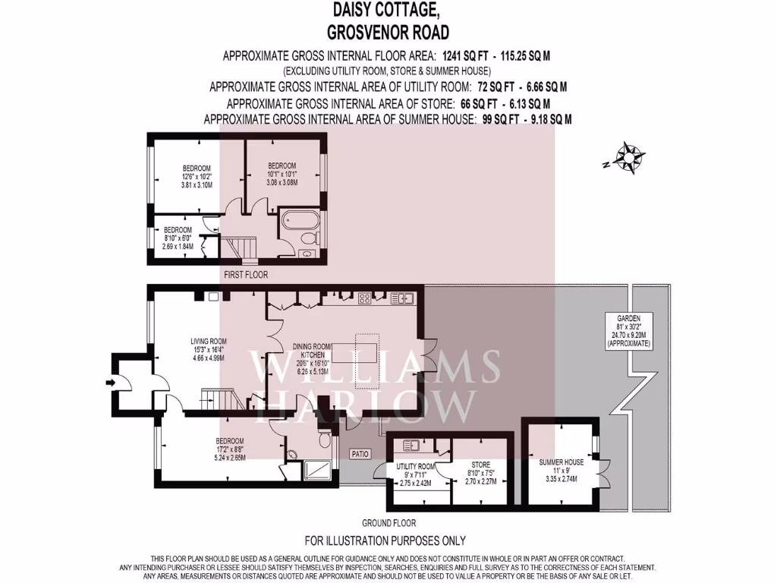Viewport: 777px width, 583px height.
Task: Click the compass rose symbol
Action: click(629, 158)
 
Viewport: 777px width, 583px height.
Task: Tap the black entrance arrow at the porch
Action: click(111, 383)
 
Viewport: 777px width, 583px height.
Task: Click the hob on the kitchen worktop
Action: click(364, 298)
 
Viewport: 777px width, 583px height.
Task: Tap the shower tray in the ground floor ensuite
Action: click(317, 471)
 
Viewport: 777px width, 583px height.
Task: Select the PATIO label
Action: click(360, 454)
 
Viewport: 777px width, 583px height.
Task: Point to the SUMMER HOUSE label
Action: click(562, 462)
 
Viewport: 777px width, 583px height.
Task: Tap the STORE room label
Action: click(480, 465)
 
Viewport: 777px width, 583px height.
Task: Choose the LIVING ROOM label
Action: click(209, 341)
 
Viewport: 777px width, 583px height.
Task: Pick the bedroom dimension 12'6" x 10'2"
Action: click(197, 176)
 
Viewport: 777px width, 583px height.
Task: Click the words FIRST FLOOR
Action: click(246, 274)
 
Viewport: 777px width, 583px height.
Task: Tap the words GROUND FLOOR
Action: click(388, 523)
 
